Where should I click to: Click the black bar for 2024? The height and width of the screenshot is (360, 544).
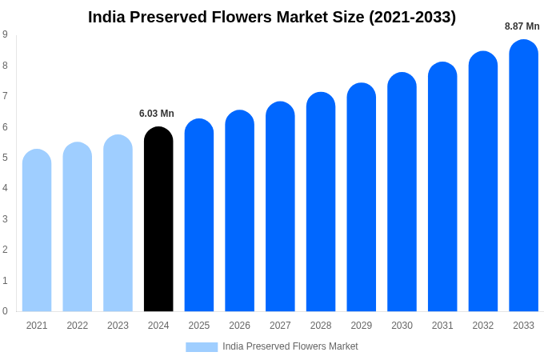click(x=158, y=220)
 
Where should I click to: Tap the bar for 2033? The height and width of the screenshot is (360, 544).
click(x=523, y=176)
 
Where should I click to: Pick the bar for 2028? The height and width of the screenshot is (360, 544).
click(x=321, y=202)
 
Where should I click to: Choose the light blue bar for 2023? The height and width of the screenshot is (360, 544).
click(x=118, y=223)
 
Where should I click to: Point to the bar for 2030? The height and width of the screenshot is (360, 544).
click(x=402, y=192)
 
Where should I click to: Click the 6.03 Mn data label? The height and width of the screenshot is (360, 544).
click(x=157, y=114)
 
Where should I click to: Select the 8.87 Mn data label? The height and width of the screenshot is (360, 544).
click(x=522, y=26)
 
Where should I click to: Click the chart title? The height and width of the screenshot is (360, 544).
click(x=272, y=17)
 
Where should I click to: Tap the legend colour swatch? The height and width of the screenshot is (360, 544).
click(x=202, y=346)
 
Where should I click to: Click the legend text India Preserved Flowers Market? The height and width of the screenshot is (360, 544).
click(x=290, y=346)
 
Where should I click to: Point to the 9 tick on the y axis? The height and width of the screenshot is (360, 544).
click(x=5, y=34)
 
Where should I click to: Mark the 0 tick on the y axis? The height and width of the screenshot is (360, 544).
click(x=5, y=311)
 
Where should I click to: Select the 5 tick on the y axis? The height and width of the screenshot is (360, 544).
click(x=5, y=158)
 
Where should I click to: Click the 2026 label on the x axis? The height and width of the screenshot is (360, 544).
click(x=239, y=326)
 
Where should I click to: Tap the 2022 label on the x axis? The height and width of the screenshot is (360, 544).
click(x=78, y=326)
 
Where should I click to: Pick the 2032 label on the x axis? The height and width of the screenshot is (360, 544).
click(x=483, y=326)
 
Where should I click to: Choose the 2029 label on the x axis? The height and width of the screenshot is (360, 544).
click(x=361, y=326)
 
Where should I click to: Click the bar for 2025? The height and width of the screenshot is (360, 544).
click(x=199, y=215)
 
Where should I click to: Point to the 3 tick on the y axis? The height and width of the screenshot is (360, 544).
click(x=5, y=219)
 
